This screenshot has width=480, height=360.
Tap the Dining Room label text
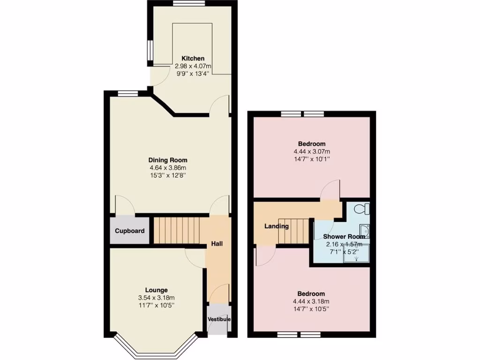coord(168,159)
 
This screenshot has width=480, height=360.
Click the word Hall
coord(217,244)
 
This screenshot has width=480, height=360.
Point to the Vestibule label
coord(219,320)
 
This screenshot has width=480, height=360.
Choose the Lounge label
coord(156,290)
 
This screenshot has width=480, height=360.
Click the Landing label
coord(277,226)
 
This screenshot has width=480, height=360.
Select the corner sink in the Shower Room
coord(364,230)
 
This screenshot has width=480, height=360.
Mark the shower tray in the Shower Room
coord(357,254)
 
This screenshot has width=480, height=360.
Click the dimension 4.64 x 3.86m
coord(168,168)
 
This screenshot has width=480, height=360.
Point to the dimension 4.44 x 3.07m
coord(312,151)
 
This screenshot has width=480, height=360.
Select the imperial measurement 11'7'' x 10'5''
coord(156,306)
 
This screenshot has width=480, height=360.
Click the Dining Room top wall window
coord(125,93)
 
